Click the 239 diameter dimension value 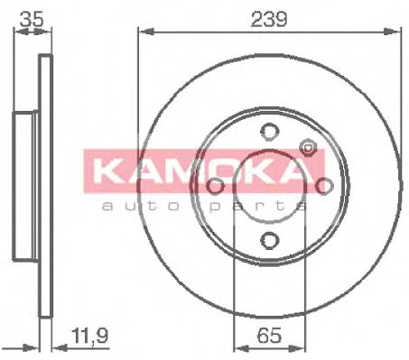tap(269, 19)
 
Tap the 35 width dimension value tap(33, 19)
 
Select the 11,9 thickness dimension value tap(89, 336)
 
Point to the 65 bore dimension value tap(269, 335)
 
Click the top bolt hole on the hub tap(270, 132)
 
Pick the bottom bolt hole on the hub tap(269, 240)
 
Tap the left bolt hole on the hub tap(216, 185)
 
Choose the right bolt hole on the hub tap(324, 186)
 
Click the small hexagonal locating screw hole tap(308, 147)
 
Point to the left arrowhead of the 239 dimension tap(146, 32)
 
